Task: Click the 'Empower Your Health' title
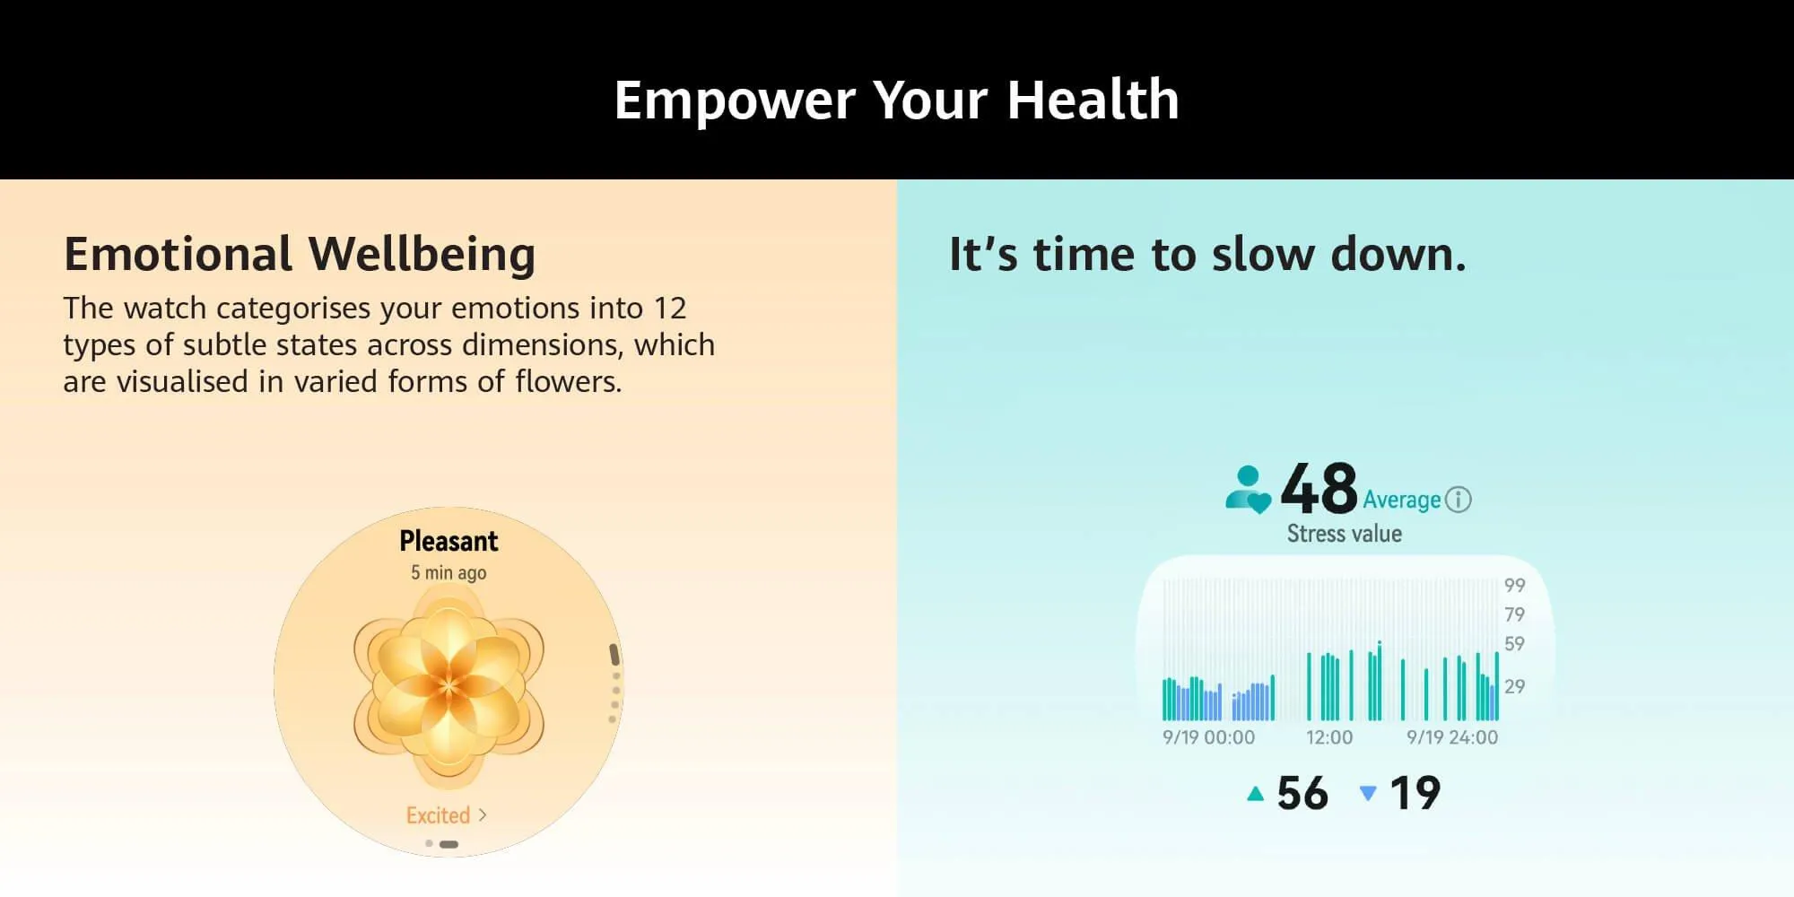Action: [896, 100]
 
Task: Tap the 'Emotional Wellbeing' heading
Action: [300, 254]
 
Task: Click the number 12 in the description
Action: [670, 309]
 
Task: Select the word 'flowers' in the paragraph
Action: [568, 381]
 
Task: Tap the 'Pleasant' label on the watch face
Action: [448, 541]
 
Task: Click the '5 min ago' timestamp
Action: [448, 572]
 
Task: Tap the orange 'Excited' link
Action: [438, 815]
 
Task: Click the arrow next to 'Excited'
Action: [483, 814]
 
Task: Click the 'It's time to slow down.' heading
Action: [1207, 254]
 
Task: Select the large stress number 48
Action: [1319, 489]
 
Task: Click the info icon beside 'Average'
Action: [1459, 500]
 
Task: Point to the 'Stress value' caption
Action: [1344, 534]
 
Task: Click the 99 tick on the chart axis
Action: [1514, 586]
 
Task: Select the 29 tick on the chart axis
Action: [1514, 687]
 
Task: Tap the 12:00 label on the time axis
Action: [1328, 737]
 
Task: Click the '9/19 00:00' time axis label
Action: [1208, 737]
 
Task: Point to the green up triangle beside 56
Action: [1256, 793]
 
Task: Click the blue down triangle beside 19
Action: [1368, 793]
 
